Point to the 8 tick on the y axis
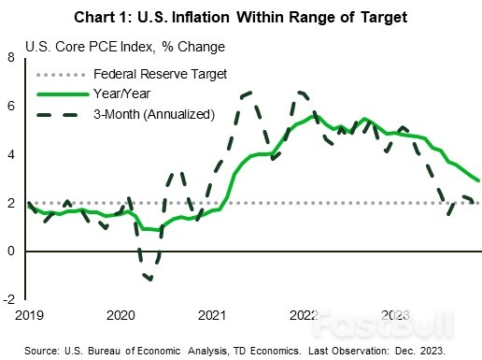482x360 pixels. [x=12, y=58]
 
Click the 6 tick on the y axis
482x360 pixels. [x=12, y=107]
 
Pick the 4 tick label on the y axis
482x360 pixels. [x=12, y=154]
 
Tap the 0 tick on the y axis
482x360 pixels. [x=12, y=252]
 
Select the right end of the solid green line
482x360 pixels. [x=479, y=180]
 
